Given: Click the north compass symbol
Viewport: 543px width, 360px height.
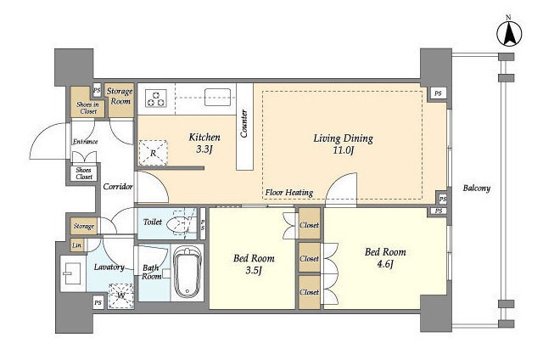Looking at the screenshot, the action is point(509,34).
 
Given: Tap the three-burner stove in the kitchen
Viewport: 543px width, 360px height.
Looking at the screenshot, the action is point(156,98).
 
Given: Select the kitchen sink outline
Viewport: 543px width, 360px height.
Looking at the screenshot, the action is point(217,97).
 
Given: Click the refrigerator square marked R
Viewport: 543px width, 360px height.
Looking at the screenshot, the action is point(153,153).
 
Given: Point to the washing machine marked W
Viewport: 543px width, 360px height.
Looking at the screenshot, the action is point(120,295).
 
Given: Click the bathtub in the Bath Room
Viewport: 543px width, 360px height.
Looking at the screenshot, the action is point(188,273).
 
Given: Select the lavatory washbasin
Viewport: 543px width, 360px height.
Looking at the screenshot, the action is point(72,273).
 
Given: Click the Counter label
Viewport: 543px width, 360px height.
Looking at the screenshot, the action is point(244,124).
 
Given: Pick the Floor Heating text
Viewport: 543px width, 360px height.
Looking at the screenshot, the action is point(289,193).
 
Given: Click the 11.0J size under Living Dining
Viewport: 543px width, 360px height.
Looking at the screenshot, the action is point(343,150).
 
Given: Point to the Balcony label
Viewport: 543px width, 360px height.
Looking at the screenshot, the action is point(477,188).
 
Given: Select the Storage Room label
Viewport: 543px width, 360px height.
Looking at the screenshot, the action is point(120,96).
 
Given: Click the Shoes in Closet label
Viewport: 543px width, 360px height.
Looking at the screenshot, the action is point(87,108).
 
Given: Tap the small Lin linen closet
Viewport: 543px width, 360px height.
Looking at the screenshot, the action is point(77,245).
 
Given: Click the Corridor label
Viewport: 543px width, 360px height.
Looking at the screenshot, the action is point(118,187).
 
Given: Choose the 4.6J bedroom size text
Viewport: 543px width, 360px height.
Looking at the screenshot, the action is point(385,264).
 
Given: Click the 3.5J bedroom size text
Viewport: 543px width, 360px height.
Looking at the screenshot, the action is point(254,270).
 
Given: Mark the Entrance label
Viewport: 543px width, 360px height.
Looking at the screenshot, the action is point(85,141).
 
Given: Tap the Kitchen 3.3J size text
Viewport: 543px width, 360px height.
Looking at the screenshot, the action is point(204,149).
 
